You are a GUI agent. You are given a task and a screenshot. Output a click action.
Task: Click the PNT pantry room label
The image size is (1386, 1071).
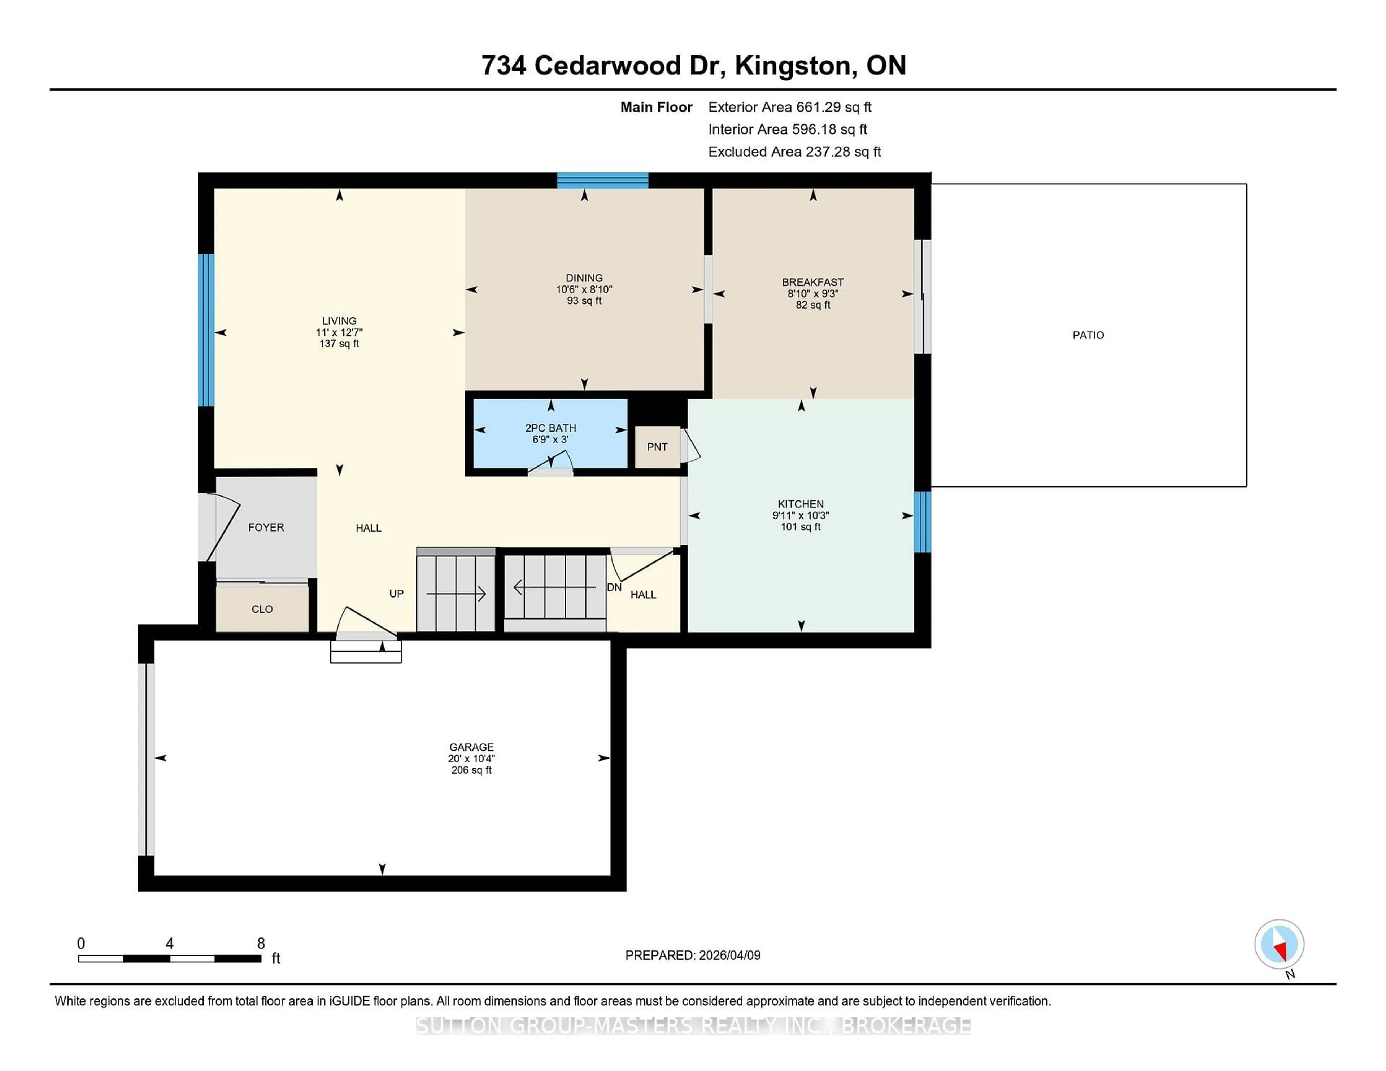click(657, 447)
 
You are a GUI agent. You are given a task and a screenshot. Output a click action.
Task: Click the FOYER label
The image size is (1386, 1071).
click(266, 527)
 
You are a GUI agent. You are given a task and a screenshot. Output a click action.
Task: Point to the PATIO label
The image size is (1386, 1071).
click(1088, 335)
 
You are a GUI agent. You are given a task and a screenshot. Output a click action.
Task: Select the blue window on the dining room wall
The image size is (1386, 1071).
click(602, 181)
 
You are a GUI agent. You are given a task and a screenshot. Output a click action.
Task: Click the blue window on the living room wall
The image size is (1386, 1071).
click(206, 330)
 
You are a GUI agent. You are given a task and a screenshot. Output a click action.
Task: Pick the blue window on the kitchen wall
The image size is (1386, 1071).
click(922, 521)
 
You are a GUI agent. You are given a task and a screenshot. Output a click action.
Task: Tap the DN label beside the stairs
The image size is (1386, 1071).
click(614, 587)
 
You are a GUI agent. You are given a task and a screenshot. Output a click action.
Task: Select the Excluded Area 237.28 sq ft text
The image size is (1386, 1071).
click(794, 152)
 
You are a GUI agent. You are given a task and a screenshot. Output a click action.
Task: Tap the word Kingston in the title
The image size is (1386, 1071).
click(793, 65)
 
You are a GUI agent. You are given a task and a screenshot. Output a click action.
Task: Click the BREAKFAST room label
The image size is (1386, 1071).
click(812, 282)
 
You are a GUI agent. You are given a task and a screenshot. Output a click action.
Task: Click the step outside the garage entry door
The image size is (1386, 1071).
click(366, 652)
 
